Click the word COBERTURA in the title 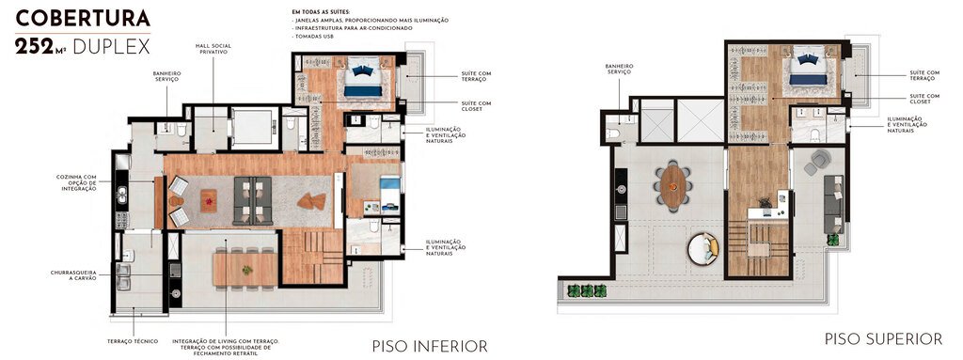(84, 18)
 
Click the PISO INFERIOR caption (430, 346)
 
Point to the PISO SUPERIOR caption (883, 337)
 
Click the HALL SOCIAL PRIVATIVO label (213, 49)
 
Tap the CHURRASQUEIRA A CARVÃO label (76, 274)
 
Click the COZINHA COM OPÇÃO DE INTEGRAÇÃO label (77, 182)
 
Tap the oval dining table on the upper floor (674, 183)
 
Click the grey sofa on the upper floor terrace (832, 203)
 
